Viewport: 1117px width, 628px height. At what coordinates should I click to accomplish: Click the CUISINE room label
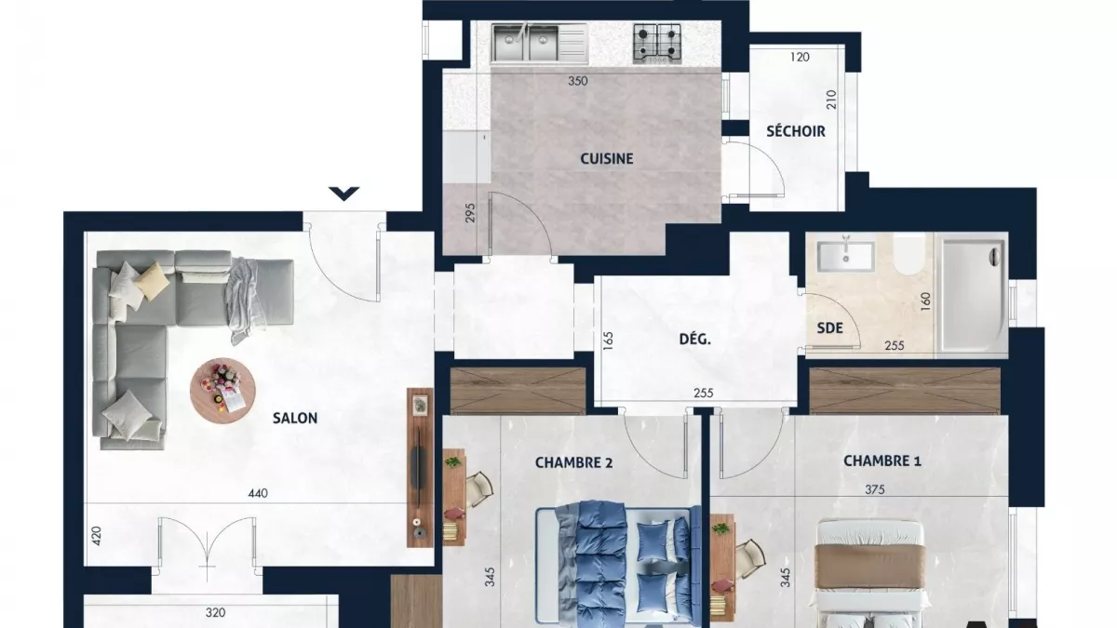click(606, 159)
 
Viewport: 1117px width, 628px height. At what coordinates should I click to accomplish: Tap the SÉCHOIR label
click(795, 131)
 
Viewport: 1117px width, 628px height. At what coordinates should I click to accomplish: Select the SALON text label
click(294, 419)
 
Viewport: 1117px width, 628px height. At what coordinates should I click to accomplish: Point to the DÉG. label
click(694, 340)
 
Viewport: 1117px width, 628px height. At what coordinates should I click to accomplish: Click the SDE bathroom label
click(829, 327)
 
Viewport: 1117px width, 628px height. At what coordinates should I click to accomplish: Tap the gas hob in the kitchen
click(657, 42)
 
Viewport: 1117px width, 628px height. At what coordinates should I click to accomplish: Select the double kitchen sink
click(526, 43)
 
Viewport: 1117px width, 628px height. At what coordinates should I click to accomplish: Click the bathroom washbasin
click(845, 255)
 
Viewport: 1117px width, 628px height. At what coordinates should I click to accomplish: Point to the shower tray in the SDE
click(973, 295)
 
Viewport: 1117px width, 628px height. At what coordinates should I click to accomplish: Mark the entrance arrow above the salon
click(344, 194)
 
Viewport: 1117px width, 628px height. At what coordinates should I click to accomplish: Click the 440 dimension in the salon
click(258, 494)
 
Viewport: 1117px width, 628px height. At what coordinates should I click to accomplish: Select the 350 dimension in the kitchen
click(577, 81)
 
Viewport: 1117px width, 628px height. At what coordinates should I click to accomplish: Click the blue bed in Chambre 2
click(616, 563)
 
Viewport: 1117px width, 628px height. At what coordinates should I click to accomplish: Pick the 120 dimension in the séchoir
click(800, 58)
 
